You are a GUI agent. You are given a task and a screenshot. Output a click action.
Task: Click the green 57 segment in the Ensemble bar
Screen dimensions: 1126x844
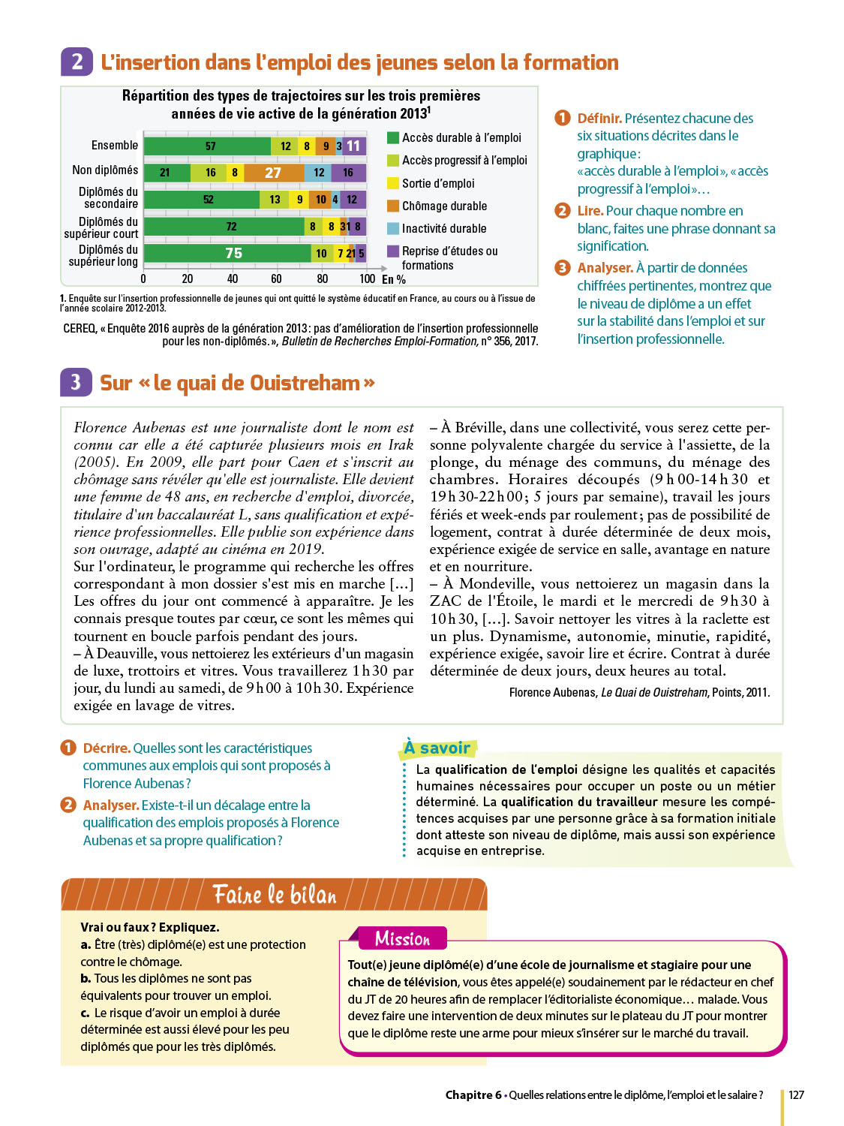[x=208, y=146]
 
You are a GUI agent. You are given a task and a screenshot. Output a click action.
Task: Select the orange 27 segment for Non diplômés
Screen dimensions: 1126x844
[x=273, y=173]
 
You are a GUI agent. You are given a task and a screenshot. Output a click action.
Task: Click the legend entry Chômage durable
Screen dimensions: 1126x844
[x=444, y=206]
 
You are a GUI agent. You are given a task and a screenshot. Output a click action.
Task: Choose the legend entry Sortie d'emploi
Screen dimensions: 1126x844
[x=438, y=183]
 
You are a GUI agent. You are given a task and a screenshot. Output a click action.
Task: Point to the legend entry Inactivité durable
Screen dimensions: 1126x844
[x=444, y=228]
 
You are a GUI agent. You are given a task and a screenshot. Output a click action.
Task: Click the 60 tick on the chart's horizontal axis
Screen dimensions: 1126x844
[x=277, y=278]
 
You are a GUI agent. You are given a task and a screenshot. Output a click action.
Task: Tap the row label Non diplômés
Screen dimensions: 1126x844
[x=105, y=170]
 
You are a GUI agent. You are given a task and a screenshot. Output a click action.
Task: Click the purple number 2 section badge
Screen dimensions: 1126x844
[x=77, y=62]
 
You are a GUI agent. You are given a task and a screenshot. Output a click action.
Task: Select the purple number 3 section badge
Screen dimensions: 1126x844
[x=76, y=382]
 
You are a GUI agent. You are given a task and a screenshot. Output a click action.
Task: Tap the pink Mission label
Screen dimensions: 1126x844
[x=402, y=938]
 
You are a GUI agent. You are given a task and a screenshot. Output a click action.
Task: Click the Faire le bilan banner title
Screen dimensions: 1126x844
[x=275, y=894]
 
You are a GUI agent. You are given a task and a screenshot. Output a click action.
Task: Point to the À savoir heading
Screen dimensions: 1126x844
[x=437, y=748]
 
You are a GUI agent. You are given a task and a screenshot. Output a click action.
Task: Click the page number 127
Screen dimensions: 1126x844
[x=796, y=1094]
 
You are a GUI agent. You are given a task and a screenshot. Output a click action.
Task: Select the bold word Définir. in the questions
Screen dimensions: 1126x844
[x=599, y=118]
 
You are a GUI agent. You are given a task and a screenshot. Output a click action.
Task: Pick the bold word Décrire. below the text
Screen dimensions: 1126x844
[x=107, y=748]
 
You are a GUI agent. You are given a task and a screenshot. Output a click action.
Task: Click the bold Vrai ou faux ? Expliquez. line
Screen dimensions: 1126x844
[x=150, y=927]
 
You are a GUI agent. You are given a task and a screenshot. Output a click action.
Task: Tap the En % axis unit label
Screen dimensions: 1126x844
[x=394, y=279]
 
